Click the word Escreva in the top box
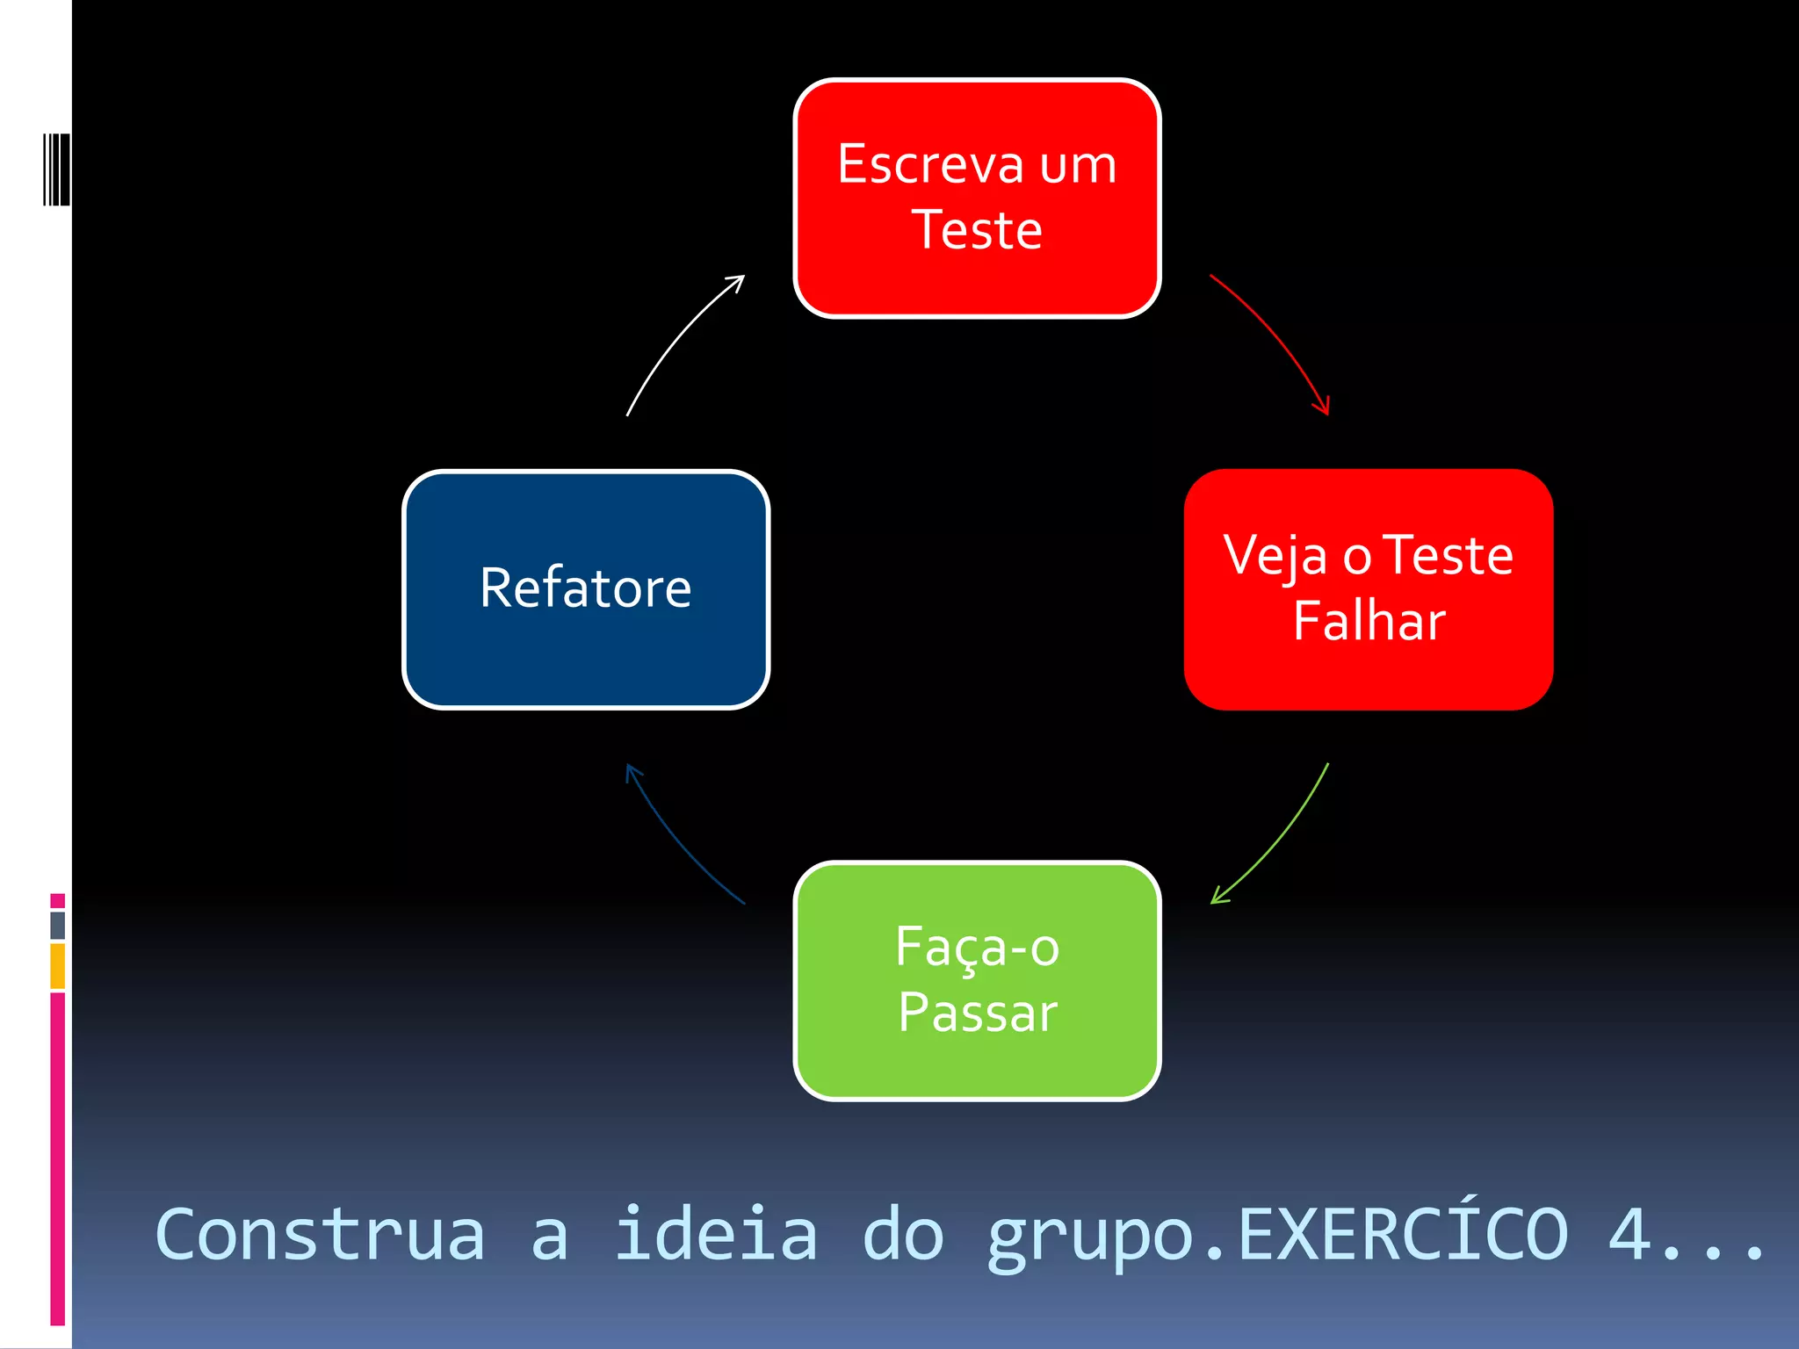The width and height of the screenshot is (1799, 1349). tap(931, 164)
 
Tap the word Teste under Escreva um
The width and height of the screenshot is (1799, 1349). tap(977, 230)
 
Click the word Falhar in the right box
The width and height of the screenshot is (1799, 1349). tap(1369, 621)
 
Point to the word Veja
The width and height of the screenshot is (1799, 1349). tap(1275, 556)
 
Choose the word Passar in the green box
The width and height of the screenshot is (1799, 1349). tap(977, 1013)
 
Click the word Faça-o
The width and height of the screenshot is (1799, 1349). tap(977, 948)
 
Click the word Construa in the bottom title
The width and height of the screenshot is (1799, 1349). tap(320, 1234)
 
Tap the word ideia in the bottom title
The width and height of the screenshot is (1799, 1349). tap(715, 1234)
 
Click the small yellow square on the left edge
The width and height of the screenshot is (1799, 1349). tap(58, 966)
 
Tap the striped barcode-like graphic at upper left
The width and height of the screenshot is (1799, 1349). tap(56, 170)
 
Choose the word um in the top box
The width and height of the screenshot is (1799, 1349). tap(1078, 164)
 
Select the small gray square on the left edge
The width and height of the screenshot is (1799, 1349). tap(58, 925)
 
